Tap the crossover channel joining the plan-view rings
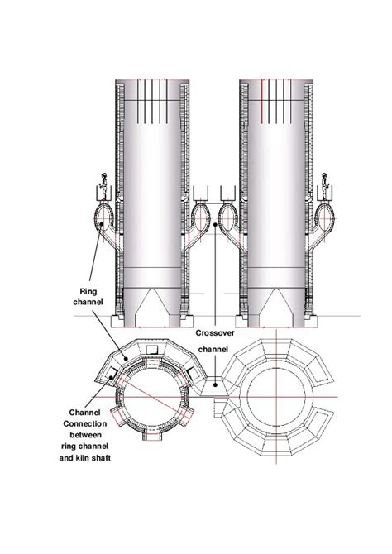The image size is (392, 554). click(x=215, y=389)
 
